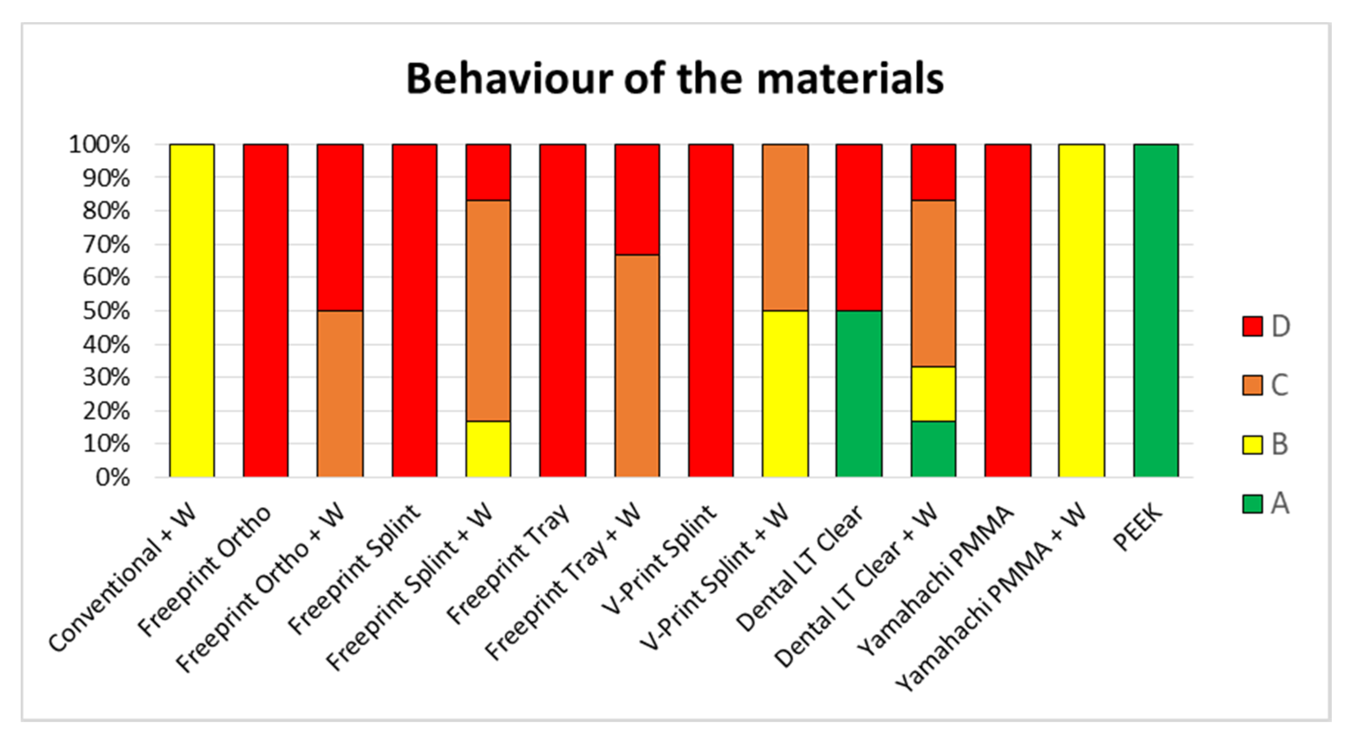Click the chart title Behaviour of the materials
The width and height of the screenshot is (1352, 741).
click(675, 79)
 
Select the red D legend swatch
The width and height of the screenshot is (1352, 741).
click(1252, 326)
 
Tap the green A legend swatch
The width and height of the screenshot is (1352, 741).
click(1252, 504)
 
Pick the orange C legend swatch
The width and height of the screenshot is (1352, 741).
click(1252, 385)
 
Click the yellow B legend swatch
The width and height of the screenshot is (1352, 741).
click(1252, 444)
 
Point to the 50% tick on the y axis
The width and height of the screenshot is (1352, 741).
click(106, 311)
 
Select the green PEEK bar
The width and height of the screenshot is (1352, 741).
click(1156, 311)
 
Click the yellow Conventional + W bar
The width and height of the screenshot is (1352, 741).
click(191, 311)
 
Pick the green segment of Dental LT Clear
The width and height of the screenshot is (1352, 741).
click(859, 394)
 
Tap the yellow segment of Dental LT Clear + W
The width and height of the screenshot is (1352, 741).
click(933, 394)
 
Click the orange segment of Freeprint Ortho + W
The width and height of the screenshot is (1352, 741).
click(340, 394)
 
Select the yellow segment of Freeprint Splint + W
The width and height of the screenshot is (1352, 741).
click(488, 449)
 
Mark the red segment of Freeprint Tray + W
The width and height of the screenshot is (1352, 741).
click(637, 200)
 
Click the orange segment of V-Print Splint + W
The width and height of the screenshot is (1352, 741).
click(785, 227)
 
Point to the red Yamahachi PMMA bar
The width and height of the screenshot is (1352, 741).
click(1008, 311)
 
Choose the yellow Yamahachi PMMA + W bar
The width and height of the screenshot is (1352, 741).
click(1082, 311)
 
